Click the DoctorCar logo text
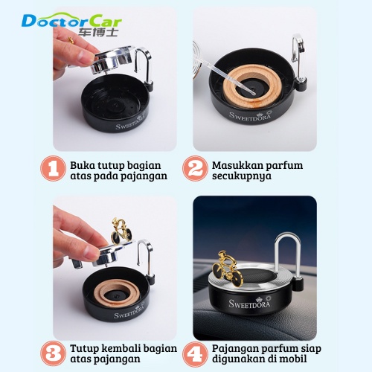pyautogui.click(x=71, y=21)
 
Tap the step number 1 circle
pyautogui.click(x=53, y=169)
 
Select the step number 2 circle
pyautogui.click(x=195, y=169)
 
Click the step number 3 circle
pyautogui.click(x=53, y=353)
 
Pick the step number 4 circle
pyautogui.click(x=195, y=353)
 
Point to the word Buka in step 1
pyautogui.click(x=80, y=165)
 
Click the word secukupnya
pyautogui.click(x=242, y=176)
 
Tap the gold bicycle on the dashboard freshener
pyautogui.click(x=228, y=269)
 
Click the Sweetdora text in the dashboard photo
pyautogui.click(x=249, y=304)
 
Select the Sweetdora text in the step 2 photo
pyautogui.click(x=250, y=116)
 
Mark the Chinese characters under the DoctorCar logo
pyautogui.click(x=98, y=32)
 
